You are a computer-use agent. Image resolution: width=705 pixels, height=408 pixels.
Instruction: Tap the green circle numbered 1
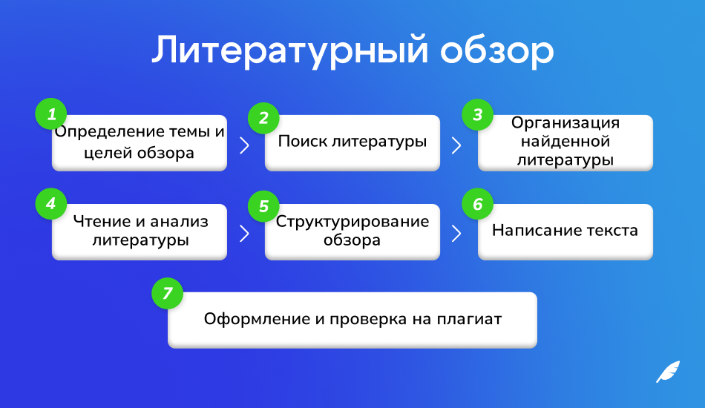(x=51, y=114)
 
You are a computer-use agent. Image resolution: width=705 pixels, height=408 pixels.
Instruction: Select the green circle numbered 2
(x=263, y=118)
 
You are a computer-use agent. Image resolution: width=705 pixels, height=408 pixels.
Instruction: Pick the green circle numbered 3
(x=477, y=115)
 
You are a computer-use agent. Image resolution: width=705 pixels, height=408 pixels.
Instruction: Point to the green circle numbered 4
(x=51, y=203)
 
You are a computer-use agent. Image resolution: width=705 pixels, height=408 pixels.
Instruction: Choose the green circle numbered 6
(x=477, y=204)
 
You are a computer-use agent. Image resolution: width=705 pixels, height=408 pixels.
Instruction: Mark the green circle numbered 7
(x=167, y=293)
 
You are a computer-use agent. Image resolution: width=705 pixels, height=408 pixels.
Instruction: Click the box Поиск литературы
(x=352, y=142)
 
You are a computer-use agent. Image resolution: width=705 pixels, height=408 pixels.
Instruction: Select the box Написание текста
(x=565, y=231)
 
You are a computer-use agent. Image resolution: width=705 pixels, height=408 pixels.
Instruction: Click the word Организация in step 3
(x=565, y=123)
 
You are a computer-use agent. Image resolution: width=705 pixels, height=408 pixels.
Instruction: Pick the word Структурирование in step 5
(x=352, y=222)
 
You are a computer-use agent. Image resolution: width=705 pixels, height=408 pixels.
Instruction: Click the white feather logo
(x=667, y=371)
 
